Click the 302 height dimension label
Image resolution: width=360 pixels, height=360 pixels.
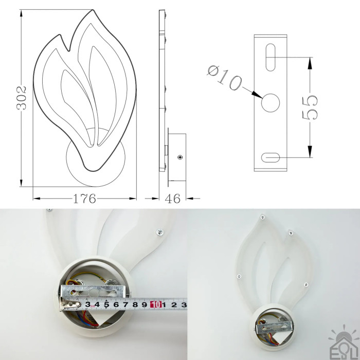[x=22, y=98]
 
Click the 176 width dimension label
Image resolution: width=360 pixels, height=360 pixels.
[x=84, y=199]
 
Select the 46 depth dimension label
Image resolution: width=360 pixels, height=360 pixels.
[x=173, y=199]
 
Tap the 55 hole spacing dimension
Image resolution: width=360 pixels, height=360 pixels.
[x=310, y=108]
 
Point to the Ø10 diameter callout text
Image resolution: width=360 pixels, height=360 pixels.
[x=225, y=78]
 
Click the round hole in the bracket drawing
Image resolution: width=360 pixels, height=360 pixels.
[x=270, y=103]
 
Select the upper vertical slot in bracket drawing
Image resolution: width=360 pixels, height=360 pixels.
[x=270, y=58]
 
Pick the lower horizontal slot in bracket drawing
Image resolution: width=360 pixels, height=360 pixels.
[x=271, y=157]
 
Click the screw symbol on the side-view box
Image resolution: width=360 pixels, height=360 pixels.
[x=180, y=157]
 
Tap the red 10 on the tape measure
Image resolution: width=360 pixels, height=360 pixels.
[x=156, y=304]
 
